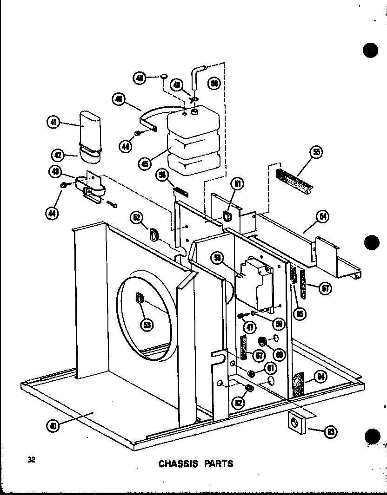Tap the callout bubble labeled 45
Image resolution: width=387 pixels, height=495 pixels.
coord(145,163)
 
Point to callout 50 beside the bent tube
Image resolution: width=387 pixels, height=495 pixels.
coord(214,84)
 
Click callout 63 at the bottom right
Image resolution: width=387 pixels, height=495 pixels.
coord(331,432)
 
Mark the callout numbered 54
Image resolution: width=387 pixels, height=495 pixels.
coord(321,216)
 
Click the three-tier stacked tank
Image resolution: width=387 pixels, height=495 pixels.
coord(193,144)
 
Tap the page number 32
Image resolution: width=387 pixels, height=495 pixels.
coord(31,460)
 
